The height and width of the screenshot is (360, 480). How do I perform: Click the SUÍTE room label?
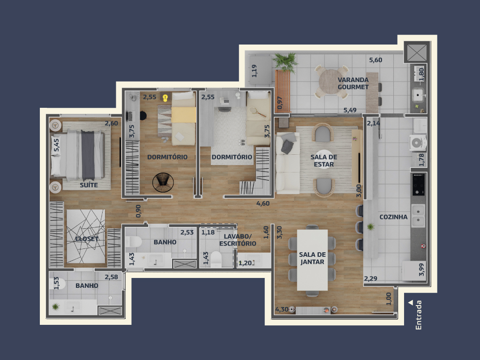[x=89, y=185]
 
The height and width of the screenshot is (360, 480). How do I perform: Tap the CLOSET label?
[x=87, y=239]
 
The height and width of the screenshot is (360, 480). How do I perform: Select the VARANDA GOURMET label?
[x=353, y=83]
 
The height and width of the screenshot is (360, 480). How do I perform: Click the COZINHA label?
[x=393, y=217]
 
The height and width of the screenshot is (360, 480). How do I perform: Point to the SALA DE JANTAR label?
[x=312, y=258]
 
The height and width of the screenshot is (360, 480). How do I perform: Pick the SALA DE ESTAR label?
[x=323, y=161]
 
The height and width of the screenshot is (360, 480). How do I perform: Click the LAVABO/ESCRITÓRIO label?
[x=238, y=240]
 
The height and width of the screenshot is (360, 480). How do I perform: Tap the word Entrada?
[x=419, y=315]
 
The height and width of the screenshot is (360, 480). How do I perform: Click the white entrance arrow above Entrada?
[x=411, y=302]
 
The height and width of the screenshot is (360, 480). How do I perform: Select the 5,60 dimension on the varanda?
[x=375, y=60]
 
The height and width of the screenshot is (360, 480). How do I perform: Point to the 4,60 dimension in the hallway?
[x=263, y=203]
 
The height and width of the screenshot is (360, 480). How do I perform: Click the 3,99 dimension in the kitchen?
[x=421, y=270]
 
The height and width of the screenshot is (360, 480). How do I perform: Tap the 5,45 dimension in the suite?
[x=56, y=145]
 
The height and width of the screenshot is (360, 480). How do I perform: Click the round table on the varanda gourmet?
[x=331, y=82]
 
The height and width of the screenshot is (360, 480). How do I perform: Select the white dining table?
[x=312, y=260]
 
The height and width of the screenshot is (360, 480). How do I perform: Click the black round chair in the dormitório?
[x=163, y=183]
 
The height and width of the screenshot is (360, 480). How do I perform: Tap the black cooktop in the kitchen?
[x=418, y=184]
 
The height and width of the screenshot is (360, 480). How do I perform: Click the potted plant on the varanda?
[x=285, y=62]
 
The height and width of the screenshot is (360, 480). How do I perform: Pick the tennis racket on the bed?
[x=257, y=112]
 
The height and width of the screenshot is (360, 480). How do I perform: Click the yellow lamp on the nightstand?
[x=165, y=98]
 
